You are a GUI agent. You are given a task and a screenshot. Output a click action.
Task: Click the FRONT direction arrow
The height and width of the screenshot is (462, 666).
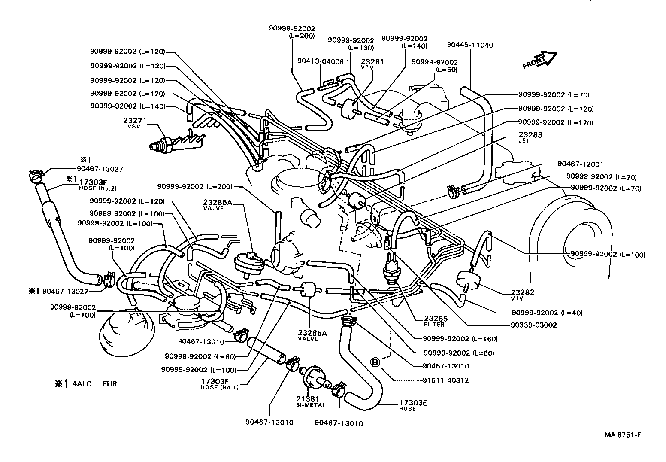[539, 60]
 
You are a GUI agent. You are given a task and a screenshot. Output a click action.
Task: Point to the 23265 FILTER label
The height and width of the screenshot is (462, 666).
[436, 321]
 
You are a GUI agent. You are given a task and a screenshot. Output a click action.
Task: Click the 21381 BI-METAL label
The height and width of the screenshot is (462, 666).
[310, 401]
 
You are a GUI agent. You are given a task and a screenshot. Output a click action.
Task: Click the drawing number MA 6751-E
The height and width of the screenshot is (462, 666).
[623, 435]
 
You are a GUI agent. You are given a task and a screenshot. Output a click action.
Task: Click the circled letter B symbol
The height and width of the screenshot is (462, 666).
[375, 363]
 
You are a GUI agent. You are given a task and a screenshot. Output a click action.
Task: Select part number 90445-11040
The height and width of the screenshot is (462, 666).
[470, 45]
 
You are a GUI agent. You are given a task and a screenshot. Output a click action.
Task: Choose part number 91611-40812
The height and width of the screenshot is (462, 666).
[445, 380]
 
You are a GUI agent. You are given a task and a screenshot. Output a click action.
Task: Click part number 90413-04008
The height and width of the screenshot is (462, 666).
[320, 61]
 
